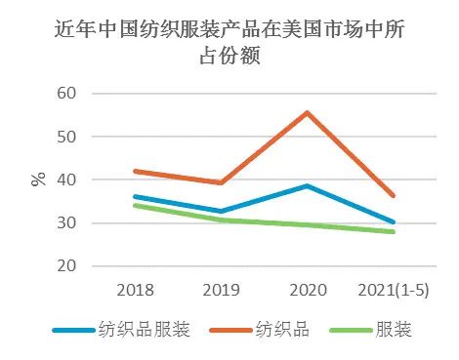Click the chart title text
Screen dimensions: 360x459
point(229,44)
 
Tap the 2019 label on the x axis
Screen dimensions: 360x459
point(222,290)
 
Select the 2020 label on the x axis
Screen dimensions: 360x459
point(308,290)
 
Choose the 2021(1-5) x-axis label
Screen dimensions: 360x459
point(394,290)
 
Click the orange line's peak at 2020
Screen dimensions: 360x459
point(308,112)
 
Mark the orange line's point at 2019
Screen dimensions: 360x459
point(222,182)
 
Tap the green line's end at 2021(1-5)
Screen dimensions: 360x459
point(394,232)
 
